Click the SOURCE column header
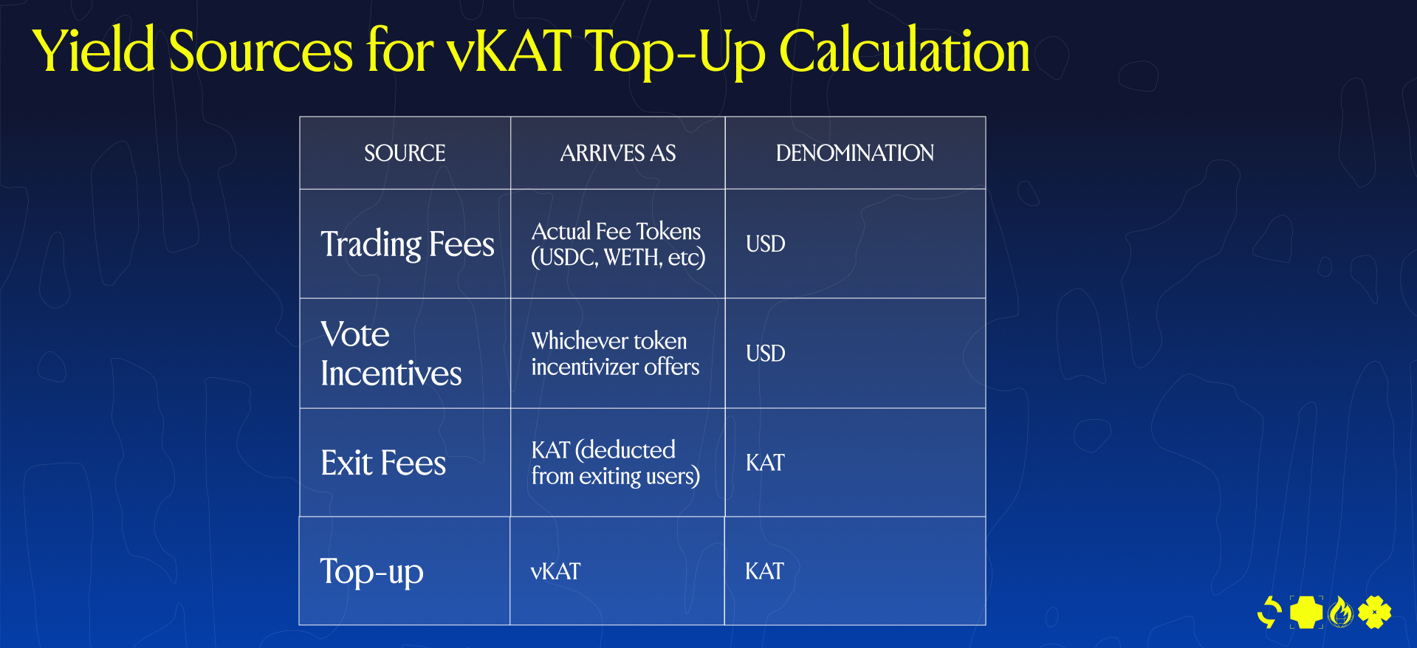coord(405,153)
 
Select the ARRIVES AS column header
coord(618,153)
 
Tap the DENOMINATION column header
coord(855,153)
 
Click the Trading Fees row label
coord(408,244)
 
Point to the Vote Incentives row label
coord(391,354)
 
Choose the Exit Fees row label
coord(383,463)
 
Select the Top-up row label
coord(371,572)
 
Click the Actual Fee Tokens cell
coord(618,244)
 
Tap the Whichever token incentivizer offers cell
coord(615,354)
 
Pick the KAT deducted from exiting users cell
coord(615,463)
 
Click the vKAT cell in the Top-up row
coord(555,571)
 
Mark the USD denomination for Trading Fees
coord(765,244)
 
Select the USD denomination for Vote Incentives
coord(765,354)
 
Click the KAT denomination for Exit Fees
coord(765,463)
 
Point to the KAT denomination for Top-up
coord(764,571)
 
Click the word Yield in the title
coord(94,51)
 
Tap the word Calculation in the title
coord(905,51)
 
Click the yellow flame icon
coord(1341,612)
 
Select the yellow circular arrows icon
coord(1270,612)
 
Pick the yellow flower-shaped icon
coord(1374,612)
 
